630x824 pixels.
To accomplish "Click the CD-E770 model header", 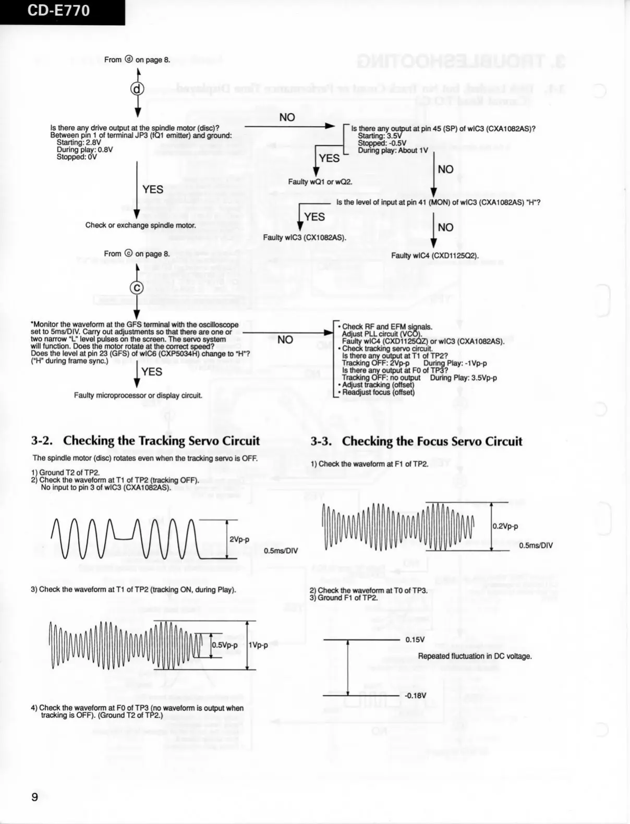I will tap(58, 11).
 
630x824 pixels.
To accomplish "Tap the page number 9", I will tap(35, 796).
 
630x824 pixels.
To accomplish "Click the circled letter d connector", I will tap(137, 89).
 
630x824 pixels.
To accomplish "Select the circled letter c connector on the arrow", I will tap(137, 287).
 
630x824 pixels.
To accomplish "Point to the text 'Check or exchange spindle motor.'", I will tap(141, 225).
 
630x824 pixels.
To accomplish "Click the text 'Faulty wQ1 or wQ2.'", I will tap(320, 181).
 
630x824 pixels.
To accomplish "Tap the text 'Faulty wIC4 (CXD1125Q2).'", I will tap(435, 256).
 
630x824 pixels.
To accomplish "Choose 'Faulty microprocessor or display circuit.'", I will tap(138, 395).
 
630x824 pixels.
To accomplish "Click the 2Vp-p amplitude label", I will tap(239, 539).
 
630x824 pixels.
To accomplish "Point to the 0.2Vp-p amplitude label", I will tap(505, 526).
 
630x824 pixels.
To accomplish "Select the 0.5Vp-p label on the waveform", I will tap(225, 645).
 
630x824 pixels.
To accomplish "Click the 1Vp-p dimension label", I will tap(258, 645).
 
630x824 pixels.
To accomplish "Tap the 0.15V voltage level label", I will tap(415, 639).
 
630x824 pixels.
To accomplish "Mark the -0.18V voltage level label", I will tap(415, 695).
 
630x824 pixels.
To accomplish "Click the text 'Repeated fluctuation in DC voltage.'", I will tap(475, 656).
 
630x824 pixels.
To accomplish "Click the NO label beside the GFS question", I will tap(285, 340).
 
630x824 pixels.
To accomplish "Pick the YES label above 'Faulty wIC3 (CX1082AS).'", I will tap(314, 216).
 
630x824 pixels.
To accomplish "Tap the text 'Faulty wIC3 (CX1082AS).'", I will tap(305, 237).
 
